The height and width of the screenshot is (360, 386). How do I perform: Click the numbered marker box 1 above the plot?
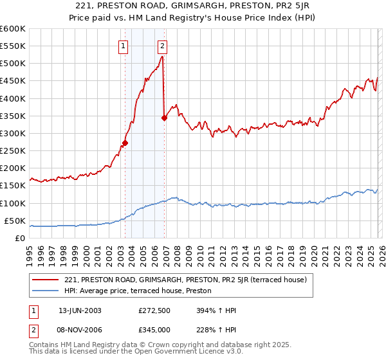(123, 46)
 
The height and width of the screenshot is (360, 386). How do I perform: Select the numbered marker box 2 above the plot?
(162, 46)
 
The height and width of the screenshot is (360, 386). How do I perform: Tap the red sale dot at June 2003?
(125, 143)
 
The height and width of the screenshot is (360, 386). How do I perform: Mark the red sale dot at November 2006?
(164, 118)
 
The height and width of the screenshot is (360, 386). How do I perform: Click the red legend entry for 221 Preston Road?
(186, 280)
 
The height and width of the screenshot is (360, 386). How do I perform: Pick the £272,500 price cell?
(154, 310)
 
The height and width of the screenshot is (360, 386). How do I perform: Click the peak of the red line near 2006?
(161, 57)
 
